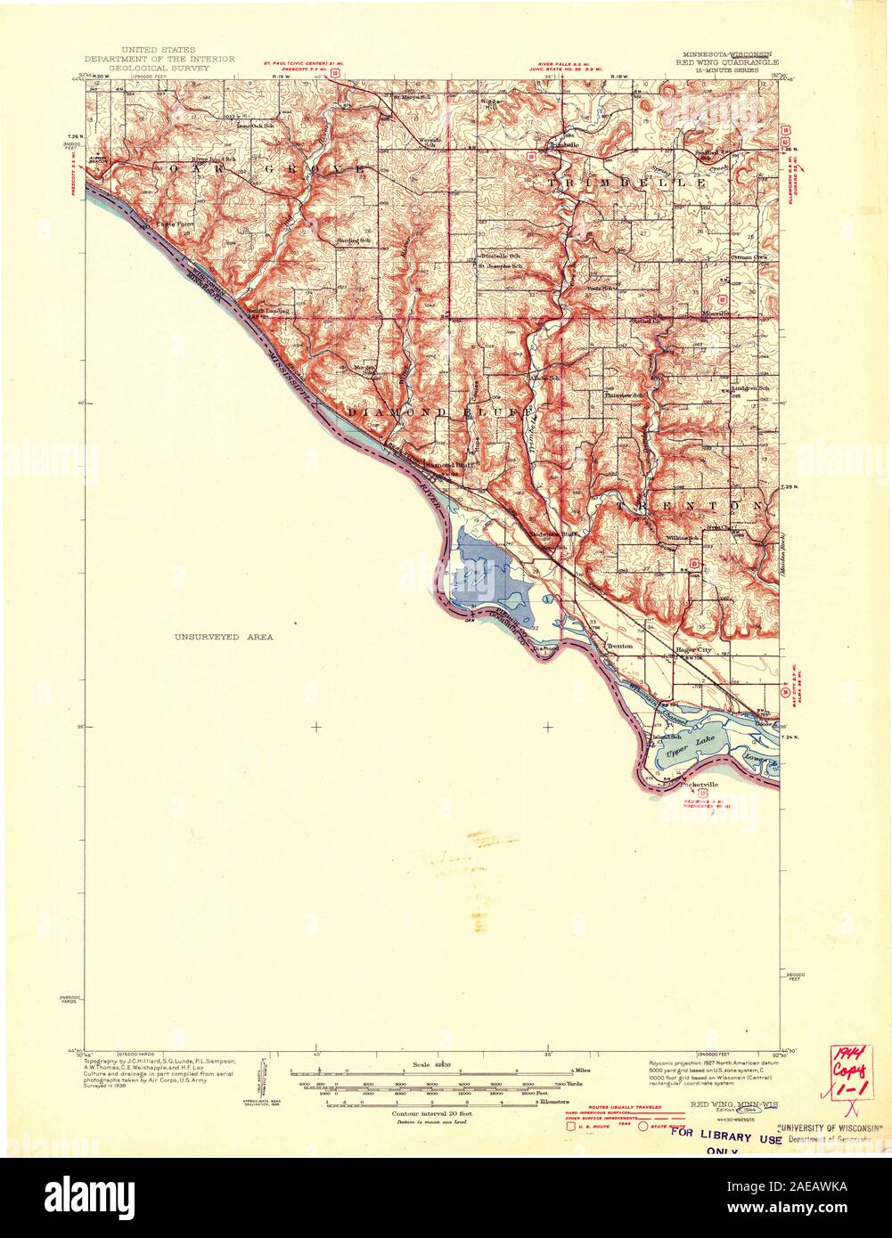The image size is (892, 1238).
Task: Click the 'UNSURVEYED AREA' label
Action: [x=224, y=637]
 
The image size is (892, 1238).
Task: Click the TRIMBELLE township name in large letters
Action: [x=628, y=182]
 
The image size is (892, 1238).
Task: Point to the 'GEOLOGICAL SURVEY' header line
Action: [x=168, y=68]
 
